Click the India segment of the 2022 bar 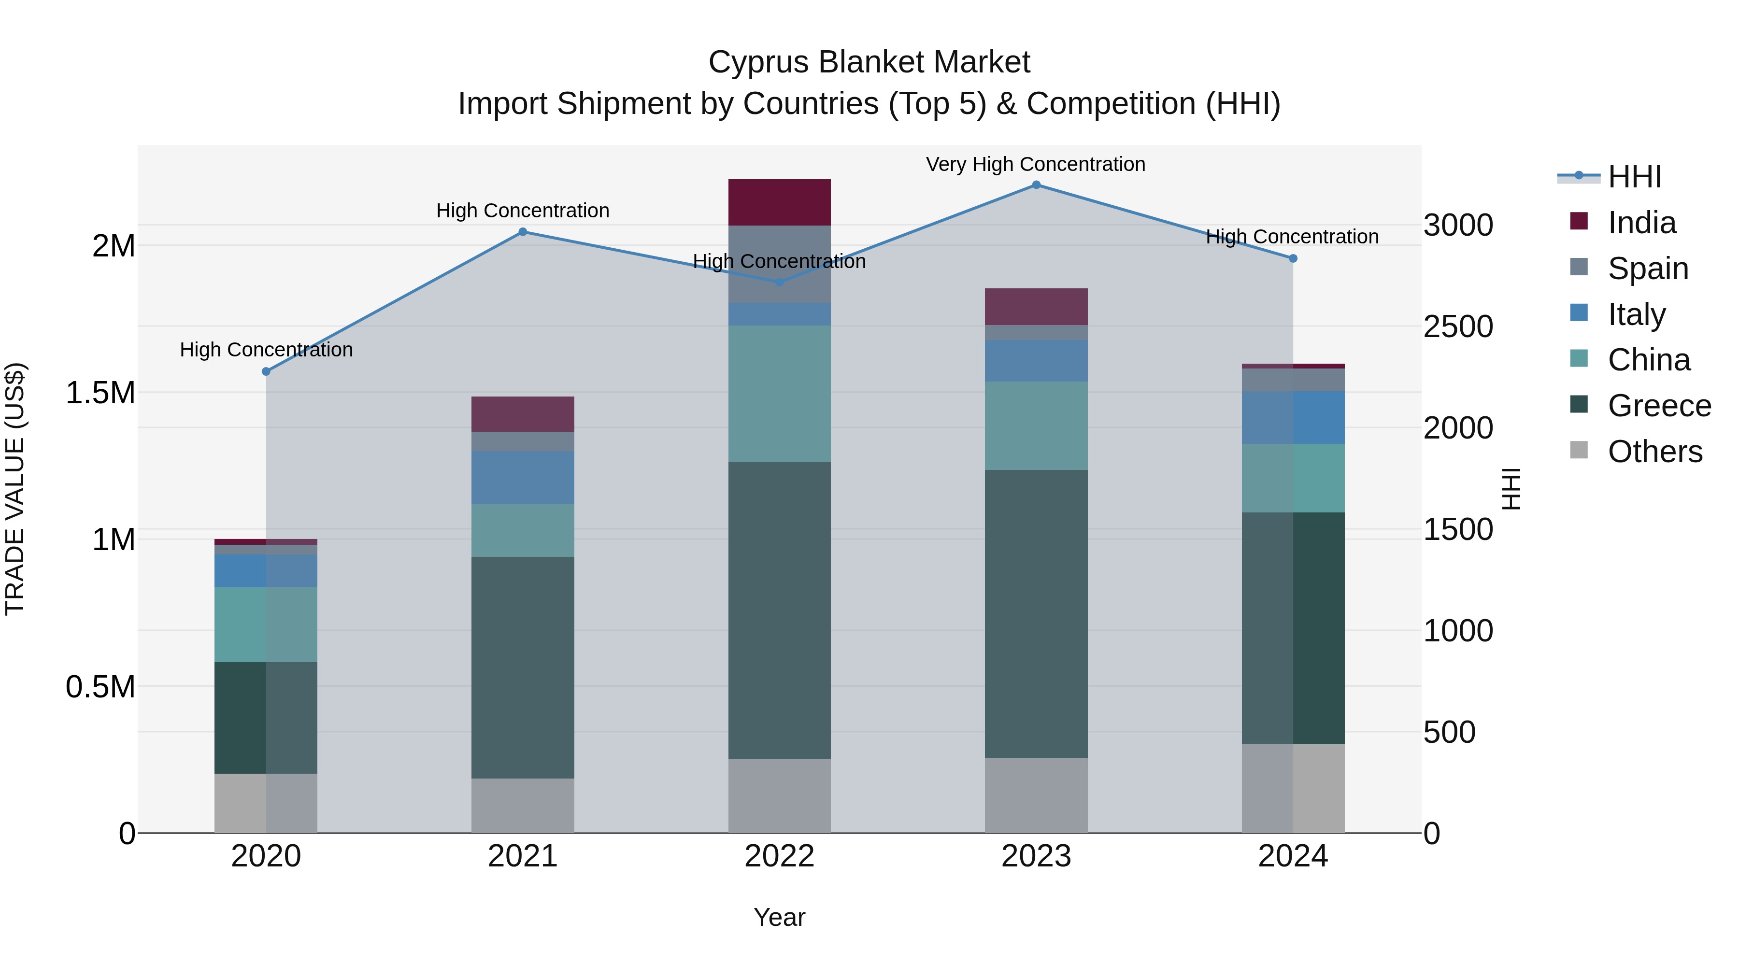(x=779, y=202)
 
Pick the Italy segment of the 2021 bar (x=523, y=477)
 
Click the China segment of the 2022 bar (x=779, y=394)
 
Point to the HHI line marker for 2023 (x=1036, y=185)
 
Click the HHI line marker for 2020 (x=266, y=371)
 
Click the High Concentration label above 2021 (x=523, y=211)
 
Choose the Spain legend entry (x=1647, y=268)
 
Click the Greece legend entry (x=1659, y=406)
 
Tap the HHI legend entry (x=1634, y=177)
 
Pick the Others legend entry (x=1654, y=452)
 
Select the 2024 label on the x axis (x=1292, y=856)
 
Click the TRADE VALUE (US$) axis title (x=15, y=489)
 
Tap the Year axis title (x=779, y=917)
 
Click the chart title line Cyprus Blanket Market (x=869, y=62)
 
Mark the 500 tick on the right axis (x=1449, y=732)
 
